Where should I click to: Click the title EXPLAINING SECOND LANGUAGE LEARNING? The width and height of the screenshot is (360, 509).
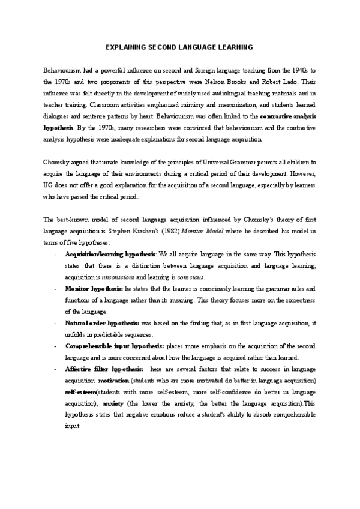(179, 47)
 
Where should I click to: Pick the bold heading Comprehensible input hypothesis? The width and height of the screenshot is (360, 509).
(114, 346)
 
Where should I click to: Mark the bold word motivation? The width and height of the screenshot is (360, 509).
(113, 381)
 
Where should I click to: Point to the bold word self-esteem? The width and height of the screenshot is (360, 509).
(80, 392)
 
